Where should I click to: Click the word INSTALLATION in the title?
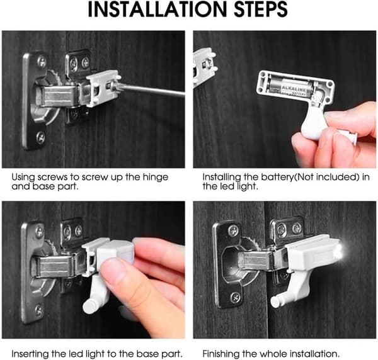point(157,9)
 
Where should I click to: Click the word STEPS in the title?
point(261,9)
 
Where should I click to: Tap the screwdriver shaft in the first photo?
point(151,90)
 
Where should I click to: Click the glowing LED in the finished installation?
point(340,251)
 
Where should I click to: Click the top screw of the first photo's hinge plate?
point(42,62)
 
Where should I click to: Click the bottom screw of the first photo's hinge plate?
point(40,137)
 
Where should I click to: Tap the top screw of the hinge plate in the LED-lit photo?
point(233,230)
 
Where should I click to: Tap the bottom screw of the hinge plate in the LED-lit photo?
point(235,298)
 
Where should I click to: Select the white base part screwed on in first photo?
point(103,88)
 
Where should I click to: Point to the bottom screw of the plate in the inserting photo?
point(39,311)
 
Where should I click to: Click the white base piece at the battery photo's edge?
point(204,67)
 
